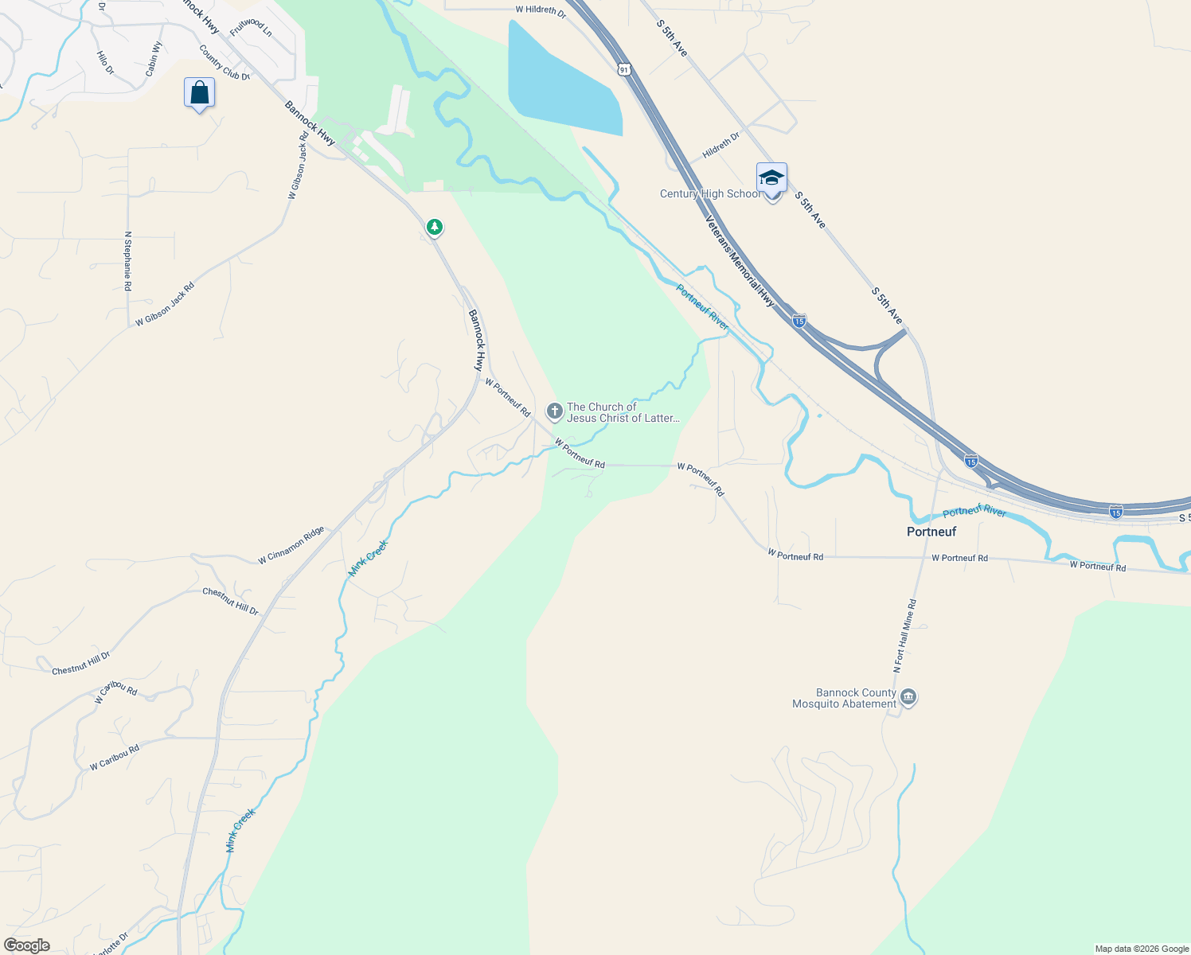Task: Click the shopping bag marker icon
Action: (x=199, y=92)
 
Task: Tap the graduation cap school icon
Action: (x=771, y=177)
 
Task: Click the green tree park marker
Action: (x=434, y=228)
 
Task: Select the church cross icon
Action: (x=554, y=411)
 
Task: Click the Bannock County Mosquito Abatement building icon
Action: (x=908, y=698)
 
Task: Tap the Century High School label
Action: (x=709, y=194)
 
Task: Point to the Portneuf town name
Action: (x=931, y=532)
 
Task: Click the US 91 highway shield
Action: (x=623, y=70)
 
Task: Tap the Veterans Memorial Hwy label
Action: (x=740, y=261)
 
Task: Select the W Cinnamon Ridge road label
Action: (x=291, y=545)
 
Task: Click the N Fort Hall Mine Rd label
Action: (x=904, y=637)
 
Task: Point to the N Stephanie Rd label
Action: (x=127, y=261)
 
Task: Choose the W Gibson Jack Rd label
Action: (x=165, y=305)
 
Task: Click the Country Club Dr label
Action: (x=225, y=63)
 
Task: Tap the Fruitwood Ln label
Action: (x=251, y=27)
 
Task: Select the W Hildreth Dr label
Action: (x=541, y=11)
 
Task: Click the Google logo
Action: (x=26, y=945)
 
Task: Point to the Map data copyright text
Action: (x=1142, y=949)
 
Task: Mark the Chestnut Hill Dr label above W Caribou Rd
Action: (x=80, y=663)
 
